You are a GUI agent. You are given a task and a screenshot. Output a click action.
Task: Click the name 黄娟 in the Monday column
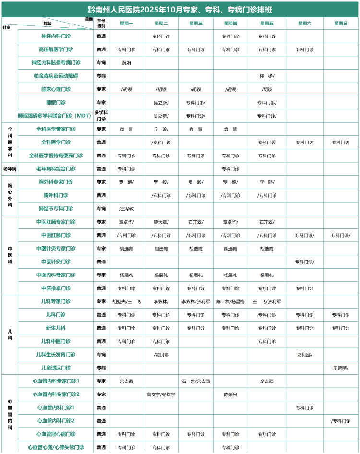pyautogui.click(x=126, y=63)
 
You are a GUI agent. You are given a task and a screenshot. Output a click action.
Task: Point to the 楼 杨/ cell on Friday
pyautogui.click(x=267, y=76)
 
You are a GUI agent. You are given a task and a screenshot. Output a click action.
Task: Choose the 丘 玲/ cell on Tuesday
pyautogui.click(x=161, y=129)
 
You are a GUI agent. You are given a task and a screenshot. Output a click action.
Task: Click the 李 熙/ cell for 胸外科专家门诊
pyautogui.click(x=267, y=182)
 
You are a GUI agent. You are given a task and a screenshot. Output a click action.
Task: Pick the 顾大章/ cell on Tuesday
pyautogui.click(x=161, y=222)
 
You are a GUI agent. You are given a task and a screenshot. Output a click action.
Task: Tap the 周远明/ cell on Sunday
pyautogui.click(x=341, y=368)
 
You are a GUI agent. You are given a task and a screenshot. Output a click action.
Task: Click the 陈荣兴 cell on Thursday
pyautogui.click(x=230, y=394)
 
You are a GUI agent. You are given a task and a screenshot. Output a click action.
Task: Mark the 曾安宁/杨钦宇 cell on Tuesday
pyautogui.click(x=161, y=394)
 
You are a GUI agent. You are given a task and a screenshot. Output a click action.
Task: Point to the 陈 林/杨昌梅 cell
pyautogui.click(x=230, y=302)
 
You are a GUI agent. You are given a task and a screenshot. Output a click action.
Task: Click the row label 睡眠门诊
pyautogui.click(x=56, y=103)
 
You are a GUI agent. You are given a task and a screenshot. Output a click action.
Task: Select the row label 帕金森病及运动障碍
pyautogui.click(x=56, y=76)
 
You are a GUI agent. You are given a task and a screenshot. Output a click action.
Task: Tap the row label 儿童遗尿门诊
pyautogui.click(x=56, y=368)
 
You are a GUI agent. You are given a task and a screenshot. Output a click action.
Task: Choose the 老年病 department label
pyautogui.click(x=10, y=169)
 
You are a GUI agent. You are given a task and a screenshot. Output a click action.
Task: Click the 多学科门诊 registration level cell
pyautogui.click(x=101, y=116)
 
